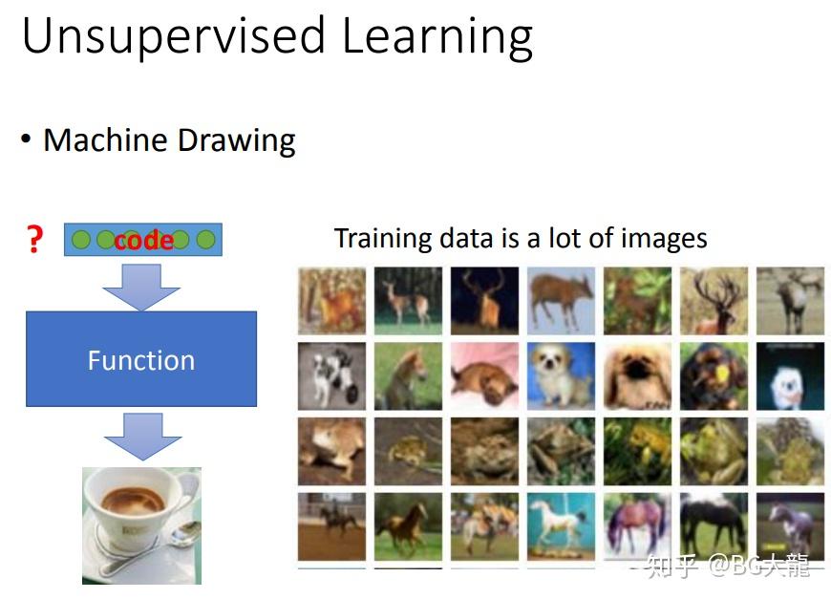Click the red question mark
pyautogui.click(x=34, y=239)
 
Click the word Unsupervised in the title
pyautogui.click(x=173, y=36)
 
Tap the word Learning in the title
pyautogui.click(x=437, y=36)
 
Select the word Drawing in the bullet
pyautogui.click(x=236, y=140)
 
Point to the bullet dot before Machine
pyautogui.click(x=26, y=139)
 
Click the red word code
pyautogui.click(x=143, y=240)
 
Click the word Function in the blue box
pyautogui.click(x=141, y=360)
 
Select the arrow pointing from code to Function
pyautogui.click(x=141, y=287)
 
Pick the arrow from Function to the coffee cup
pyautogui.click(x=142, y=437)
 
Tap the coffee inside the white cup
pyautogui.click(x=133, y=501)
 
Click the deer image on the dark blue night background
pyautogui.click(x=484, y=301)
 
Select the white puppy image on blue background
pyautogui.click(x=561, y=375)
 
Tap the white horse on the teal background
pyautogui.click(x=561, y=526)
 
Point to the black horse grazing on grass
pyautogui.click(x=714, y=526)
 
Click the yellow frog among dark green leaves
pyautogui.click(x=637, y=451)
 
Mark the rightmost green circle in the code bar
pyautogui.click(x=205, y=240)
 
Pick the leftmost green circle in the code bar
pyautogui.click(x=81, y=240)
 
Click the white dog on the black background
pyautogui.click(x=790, y=375)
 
